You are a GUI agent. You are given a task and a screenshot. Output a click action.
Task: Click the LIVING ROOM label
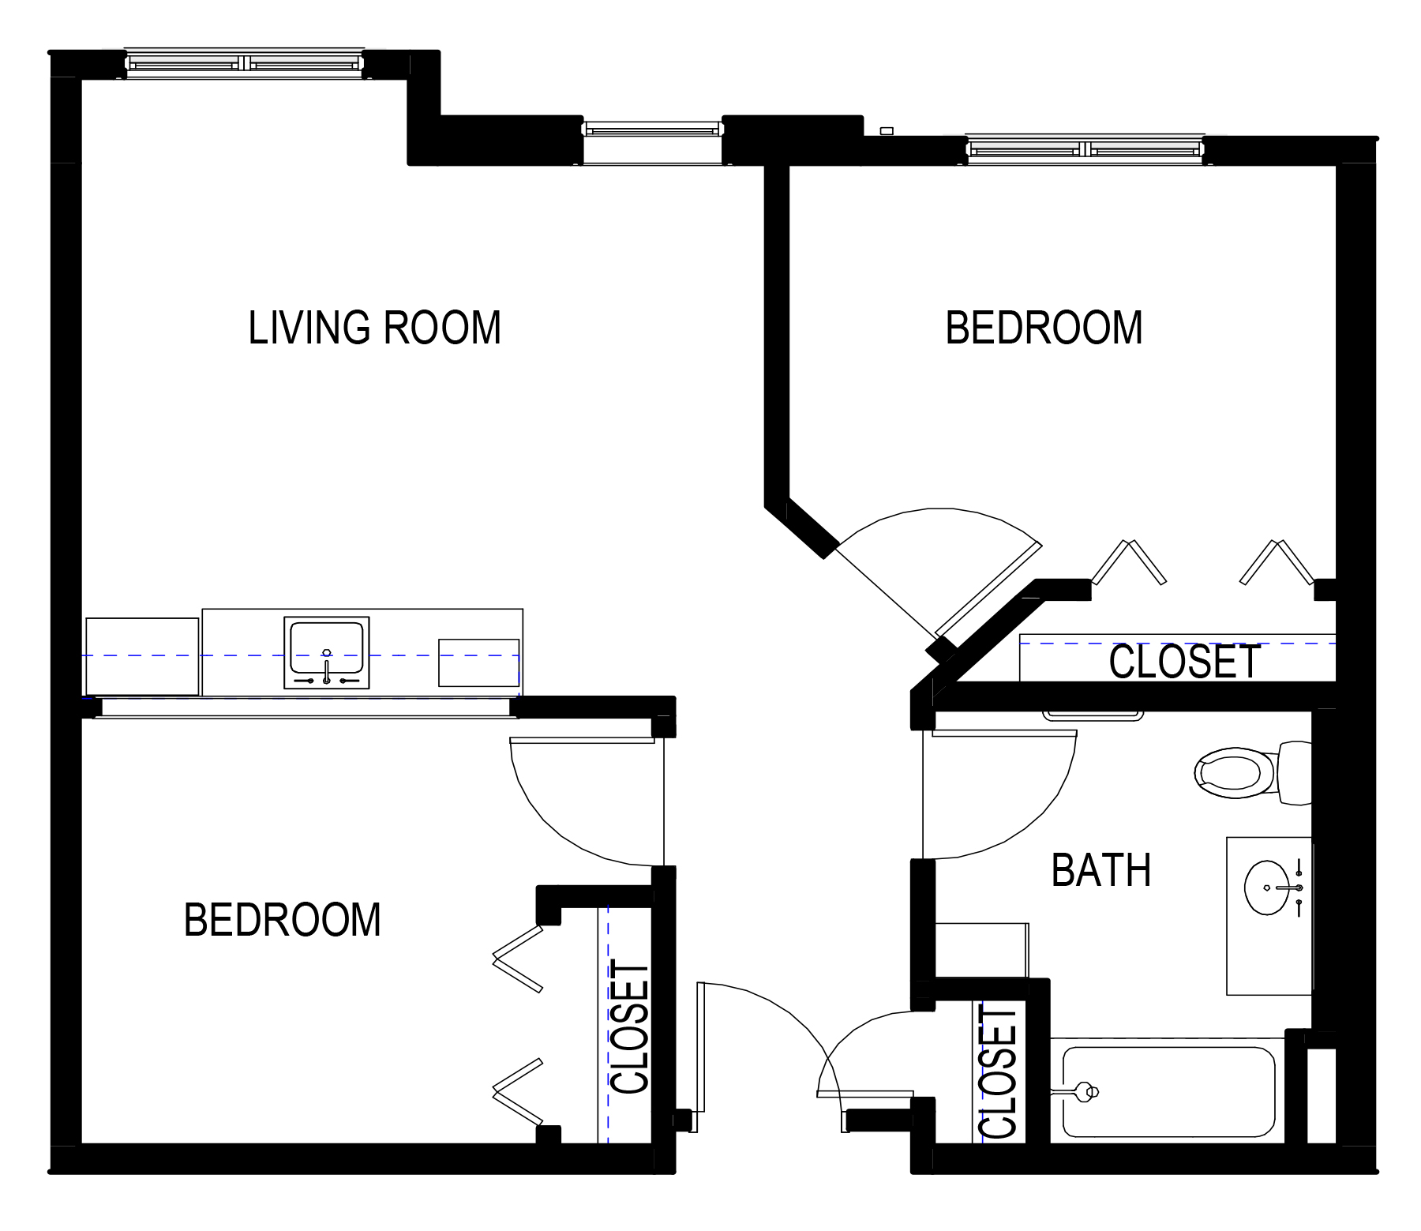[374, 328]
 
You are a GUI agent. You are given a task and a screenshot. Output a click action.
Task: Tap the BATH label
[1100, 870]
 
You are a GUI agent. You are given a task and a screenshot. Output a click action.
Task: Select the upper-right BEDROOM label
[1044, 328]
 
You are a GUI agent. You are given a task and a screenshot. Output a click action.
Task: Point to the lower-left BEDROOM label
[282, 920]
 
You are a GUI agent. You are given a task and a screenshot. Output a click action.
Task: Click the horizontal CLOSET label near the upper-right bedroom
[1184, 662]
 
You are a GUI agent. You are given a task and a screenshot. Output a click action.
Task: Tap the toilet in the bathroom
[1252, 773]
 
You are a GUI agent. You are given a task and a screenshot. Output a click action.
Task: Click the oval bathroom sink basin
[1267, 888]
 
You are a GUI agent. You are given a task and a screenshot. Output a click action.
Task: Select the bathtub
[1168, 1092]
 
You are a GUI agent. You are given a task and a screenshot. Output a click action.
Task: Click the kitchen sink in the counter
[327, 652]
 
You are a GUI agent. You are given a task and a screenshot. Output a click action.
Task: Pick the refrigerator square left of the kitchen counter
[142, 657]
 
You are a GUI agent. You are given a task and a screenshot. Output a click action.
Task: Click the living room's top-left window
[245, 62]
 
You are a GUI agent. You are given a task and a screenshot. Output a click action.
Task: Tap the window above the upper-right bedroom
[1085, 148]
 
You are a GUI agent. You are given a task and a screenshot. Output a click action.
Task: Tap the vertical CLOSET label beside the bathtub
[999, 1071]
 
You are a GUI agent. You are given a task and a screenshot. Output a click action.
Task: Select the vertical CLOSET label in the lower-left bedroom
[630, 1027]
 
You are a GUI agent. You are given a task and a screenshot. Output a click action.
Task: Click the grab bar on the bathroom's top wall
[1093, 715]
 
